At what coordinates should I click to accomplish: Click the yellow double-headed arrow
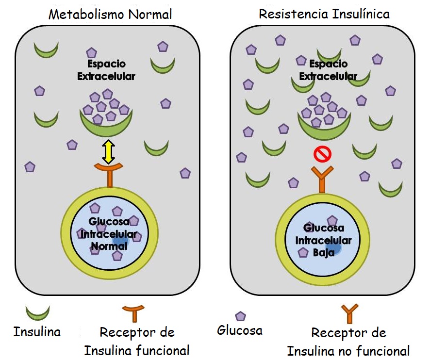[x=107, y=152]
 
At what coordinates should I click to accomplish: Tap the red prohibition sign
[x=322, y=155]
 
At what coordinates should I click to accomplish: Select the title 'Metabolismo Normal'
[x=110, y=14]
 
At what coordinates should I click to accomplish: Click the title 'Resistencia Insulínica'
[x=324, y=14]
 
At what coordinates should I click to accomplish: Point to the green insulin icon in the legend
[x=37, y=313]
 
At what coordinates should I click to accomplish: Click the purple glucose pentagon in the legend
[x=240, y=316]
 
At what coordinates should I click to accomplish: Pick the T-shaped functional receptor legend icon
[x=133, y=312]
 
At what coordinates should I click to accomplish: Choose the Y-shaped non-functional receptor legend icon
[x=349, y=313]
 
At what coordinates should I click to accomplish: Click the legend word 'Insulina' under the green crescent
[x=37, y=332]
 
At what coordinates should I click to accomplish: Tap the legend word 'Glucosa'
[x=240, y=331]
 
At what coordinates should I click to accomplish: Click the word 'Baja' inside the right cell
[x=324, y=252]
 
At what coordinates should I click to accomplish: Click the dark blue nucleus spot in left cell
[x=120, y=241]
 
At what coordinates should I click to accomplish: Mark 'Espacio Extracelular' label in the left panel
[x=106, y=70]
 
